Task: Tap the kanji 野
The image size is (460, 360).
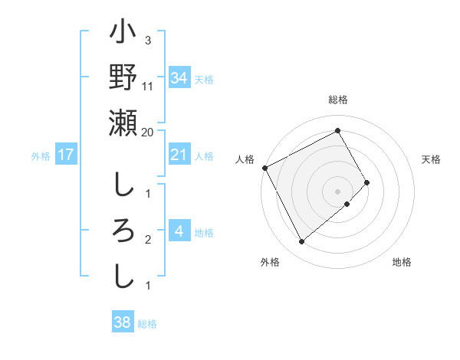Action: pos(123,78)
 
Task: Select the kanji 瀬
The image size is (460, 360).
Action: pos(123,123)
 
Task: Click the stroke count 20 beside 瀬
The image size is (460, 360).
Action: pos(148,132)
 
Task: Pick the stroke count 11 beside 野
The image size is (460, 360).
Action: pos(148,86)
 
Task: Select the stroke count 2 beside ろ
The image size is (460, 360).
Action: pos(148,240)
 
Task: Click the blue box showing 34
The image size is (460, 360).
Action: pos(179,77)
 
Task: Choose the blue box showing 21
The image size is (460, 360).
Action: pos(179,155)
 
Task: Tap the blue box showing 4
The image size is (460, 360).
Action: pos(179,232)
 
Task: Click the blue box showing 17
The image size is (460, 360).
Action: pos(66,155)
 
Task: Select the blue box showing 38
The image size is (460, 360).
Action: pos(122,323)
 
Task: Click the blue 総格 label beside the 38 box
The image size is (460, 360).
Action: pos(147,324)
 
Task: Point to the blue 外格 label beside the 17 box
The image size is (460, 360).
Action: pos(41,155)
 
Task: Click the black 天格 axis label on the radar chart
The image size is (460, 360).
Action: pos(431,159)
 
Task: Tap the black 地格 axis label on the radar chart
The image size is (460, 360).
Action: pos(402,262)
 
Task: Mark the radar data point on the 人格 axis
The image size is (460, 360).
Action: pos(264,167)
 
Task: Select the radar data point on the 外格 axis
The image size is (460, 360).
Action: pos(301,242)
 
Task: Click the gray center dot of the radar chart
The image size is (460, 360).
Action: pos(337,191)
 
